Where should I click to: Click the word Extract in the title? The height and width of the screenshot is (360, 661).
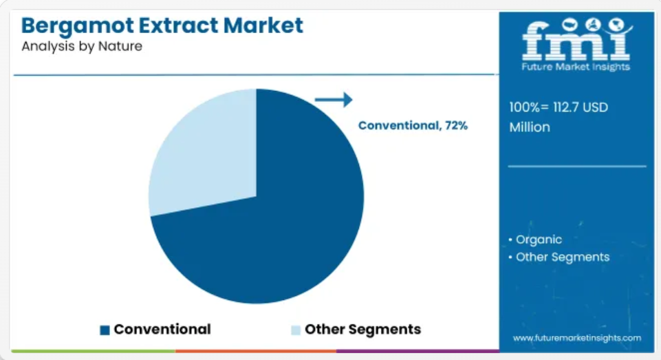pyautogui.click(x=178, y=25)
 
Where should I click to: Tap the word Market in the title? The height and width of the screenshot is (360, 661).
pyautogui.click(x=263, y=25)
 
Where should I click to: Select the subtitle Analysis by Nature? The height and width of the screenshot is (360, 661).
pyautogui.click(x=82, y=46)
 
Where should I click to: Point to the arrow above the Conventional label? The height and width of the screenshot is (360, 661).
pyautogui.click(x=334, y=100)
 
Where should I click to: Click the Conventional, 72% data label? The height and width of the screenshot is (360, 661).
pyautogui.click(x=413, y=125)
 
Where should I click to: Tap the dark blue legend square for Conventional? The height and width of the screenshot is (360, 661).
pyautogui.click(x=105, y=330)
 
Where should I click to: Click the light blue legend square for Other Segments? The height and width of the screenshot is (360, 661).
pyautogui.click(x=296, y=330)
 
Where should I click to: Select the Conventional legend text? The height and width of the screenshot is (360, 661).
pyautogui.click(x=162, y=329)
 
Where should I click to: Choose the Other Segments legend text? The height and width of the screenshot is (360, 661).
pyautogui.click(x=362, y=329)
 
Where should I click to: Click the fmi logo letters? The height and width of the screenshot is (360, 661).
pyautogui.click(x=576, y=40)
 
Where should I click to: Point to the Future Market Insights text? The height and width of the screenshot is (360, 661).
pyautogui.click(x=576, y=67)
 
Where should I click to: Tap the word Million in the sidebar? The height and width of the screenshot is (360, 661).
pyautogui.click(x=530, y=127)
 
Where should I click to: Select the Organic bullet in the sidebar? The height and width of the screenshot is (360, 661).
pyautogui.click(x=535, y=240)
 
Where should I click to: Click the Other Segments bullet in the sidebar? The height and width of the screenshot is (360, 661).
pyautogui.click(x=559, y=257)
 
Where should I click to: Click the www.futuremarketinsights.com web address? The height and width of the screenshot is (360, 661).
pyautogui.click(x=576, y=338)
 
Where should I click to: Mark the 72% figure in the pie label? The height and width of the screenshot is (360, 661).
pyautogui.click(x=456, y=125)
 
